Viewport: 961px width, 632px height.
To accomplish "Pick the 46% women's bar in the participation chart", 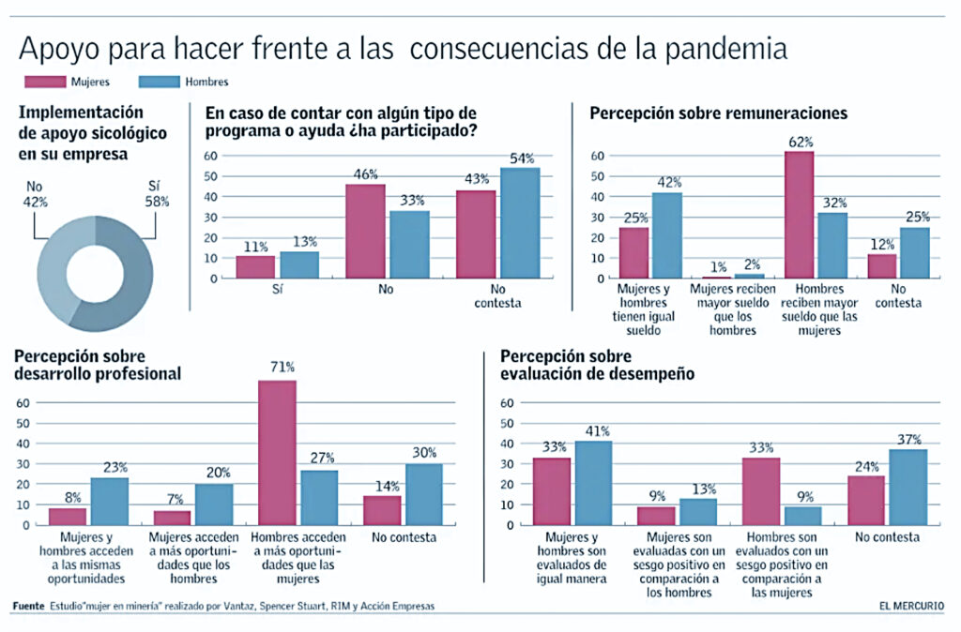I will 365,232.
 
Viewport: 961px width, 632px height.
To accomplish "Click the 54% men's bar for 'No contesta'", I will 519,223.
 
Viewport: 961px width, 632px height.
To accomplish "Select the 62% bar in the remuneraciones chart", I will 800,215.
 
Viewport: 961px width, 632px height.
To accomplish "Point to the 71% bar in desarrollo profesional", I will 277,452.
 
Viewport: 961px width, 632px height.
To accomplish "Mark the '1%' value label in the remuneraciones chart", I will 717,266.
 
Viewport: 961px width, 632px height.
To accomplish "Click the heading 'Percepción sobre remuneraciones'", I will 718,113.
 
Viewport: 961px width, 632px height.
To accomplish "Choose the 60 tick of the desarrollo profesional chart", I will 24,402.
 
